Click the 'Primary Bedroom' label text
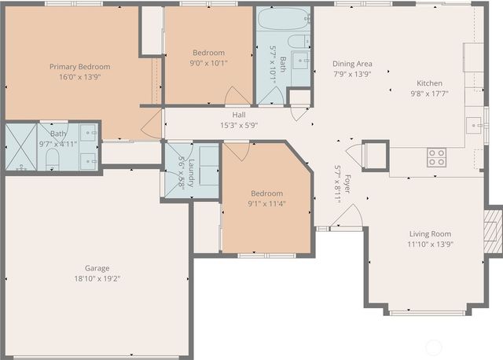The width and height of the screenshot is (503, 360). point(79,67)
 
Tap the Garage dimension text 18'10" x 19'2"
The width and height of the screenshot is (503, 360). point(97,278)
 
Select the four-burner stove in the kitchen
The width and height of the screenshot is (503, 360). point(436,157)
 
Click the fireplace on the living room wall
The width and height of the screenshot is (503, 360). point(493,231)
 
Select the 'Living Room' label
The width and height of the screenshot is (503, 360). point(430,233)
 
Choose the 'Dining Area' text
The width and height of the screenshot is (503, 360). point(351,64)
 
